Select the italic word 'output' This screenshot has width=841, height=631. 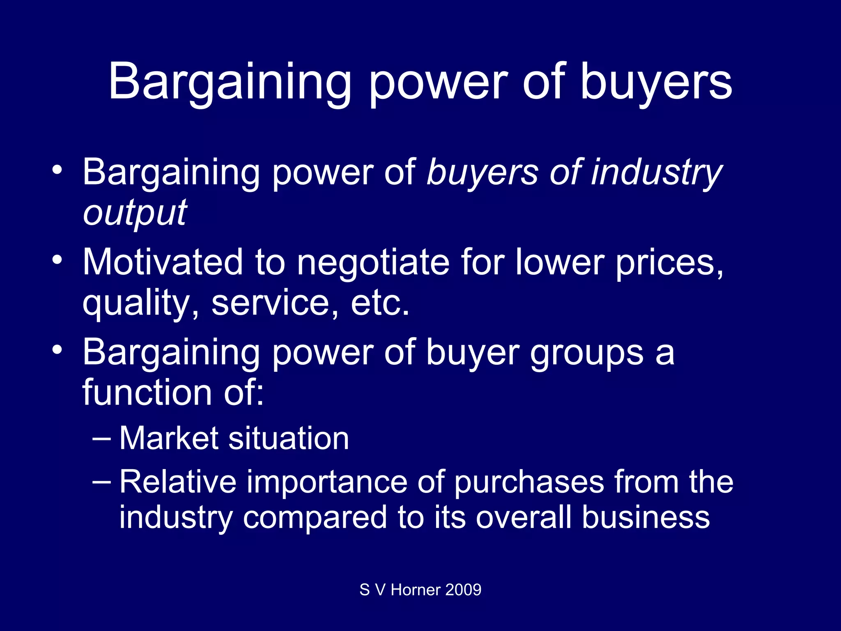pyautogui.click(x=135, y=213)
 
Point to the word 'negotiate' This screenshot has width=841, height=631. pyautogui.click(x=373, y=263)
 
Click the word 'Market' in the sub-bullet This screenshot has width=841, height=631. pyautogui.click(x=169, y=438)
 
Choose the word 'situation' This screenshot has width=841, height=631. pyautogui.click(x=289, y=438)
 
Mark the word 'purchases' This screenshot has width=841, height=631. pyautogui.click(x=529, y=483)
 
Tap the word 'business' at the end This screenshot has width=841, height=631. pyautogui.click(x=646, y=517)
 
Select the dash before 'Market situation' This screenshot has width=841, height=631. pyautogui.click(x=101, y=438)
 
